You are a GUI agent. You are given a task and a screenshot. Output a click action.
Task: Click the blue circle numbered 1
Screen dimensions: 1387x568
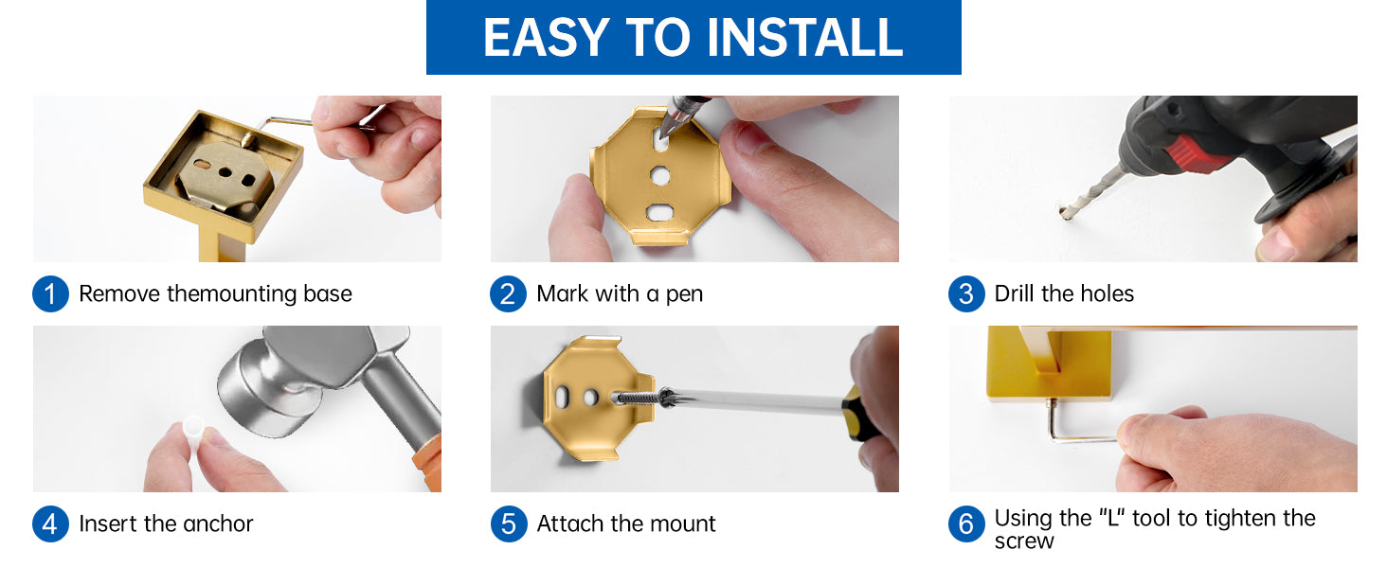click(50, 293)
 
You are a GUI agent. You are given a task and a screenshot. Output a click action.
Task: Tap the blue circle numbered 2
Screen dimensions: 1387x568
click(508, 293)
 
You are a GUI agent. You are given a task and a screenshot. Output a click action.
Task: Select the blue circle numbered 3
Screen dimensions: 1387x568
click(966, 293)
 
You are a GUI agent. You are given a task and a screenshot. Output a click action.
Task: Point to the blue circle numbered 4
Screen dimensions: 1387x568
click(50, 524)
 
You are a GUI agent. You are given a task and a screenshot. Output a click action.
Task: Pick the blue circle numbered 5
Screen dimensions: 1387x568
click(509, 524)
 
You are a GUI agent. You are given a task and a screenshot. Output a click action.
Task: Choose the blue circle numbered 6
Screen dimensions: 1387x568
click(966, 524)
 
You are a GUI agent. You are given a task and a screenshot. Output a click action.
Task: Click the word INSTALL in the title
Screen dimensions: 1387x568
click(804, 38)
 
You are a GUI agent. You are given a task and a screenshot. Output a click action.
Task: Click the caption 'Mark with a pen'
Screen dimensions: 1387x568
click(620, 293)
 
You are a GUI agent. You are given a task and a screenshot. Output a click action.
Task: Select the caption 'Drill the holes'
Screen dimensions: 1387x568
click(1064, 293)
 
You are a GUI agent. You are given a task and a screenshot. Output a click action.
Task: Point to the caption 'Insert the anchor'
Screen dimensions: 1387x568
click(166, 524)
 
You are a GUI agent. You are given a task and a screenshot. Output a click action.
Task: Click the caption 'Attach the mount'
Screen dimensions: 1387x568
click(626, 524)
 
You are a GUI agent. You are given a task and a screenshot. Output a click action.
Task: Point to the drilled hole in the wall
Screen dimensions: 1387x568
click(1064, 213)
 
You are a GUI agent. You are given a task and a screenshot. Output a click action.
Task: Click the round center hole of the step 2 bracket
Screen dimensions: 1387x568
click(660, 176)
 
